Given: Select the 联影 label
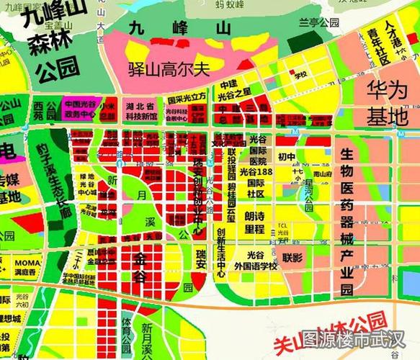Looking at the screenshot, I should click(x=292, y=257).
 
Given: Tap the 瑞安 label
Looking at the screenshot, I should click(x=200, y=258).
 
